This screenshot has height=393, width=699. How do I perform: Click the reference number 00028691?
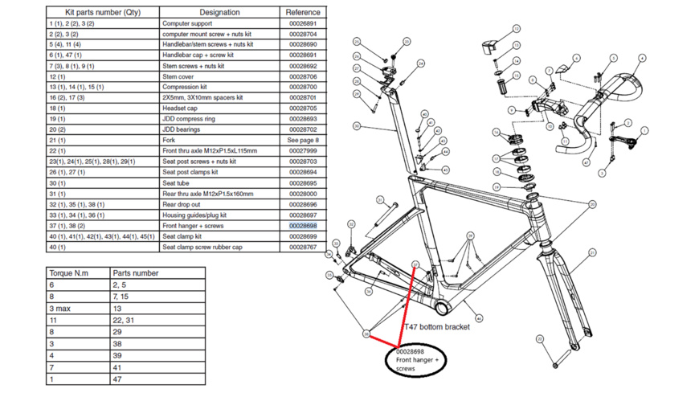(x=303, y=55)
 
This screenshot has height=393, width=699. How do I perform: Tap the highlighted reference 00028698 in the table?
(x=303, y=226)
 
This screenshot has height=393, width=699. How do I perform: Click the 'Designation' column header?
(x=219, y=12)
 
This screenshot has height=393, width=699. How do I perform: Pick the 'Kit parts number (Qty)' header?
(x=103, y=12)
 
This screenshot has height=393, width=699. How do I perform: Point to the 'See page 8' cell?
(x=303, y=140)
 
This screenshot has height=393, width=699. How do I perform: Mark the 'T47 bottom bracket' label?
(x=436, y=327)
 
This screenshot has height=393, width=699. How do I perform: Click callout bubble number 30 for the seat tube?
(x=356, y=126)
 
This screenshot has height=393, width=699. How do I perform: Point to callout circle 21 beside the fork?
(x=592, y=252)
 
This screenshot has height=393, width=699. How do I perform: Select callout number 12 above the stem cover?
(x=517, y=29)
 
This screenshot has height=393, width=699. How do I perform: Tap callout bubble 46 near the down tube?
(x=480, y=318)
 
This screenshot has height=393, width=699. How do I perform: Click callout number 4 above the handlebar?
(x=643, y=58)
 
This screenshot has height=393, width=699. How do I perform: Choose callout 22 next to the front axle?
(x=540, y=339)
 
